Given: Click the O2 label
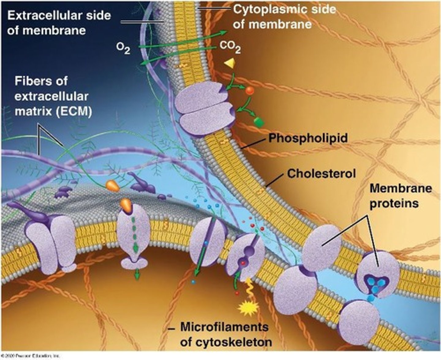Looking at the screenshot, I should [123, 49].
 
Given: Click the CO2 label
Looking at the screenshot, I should [230, 47].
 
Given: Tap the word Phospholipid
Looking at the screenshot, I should [308, 138].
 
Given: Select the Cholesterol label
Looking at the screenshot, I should [321, 174].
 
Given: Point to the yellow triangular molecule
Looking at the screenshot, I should [230, 63].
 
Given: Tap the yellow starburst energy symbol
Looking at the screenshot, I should [248, 308].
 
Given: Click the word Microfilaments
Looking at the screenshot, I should [224, 327].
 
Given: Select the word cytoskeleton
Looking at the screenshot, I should [226, 342].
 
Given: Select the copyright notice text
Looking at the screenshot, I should [31, 356].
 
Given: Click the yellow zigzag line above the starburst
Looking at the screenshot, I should [249, 290].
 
